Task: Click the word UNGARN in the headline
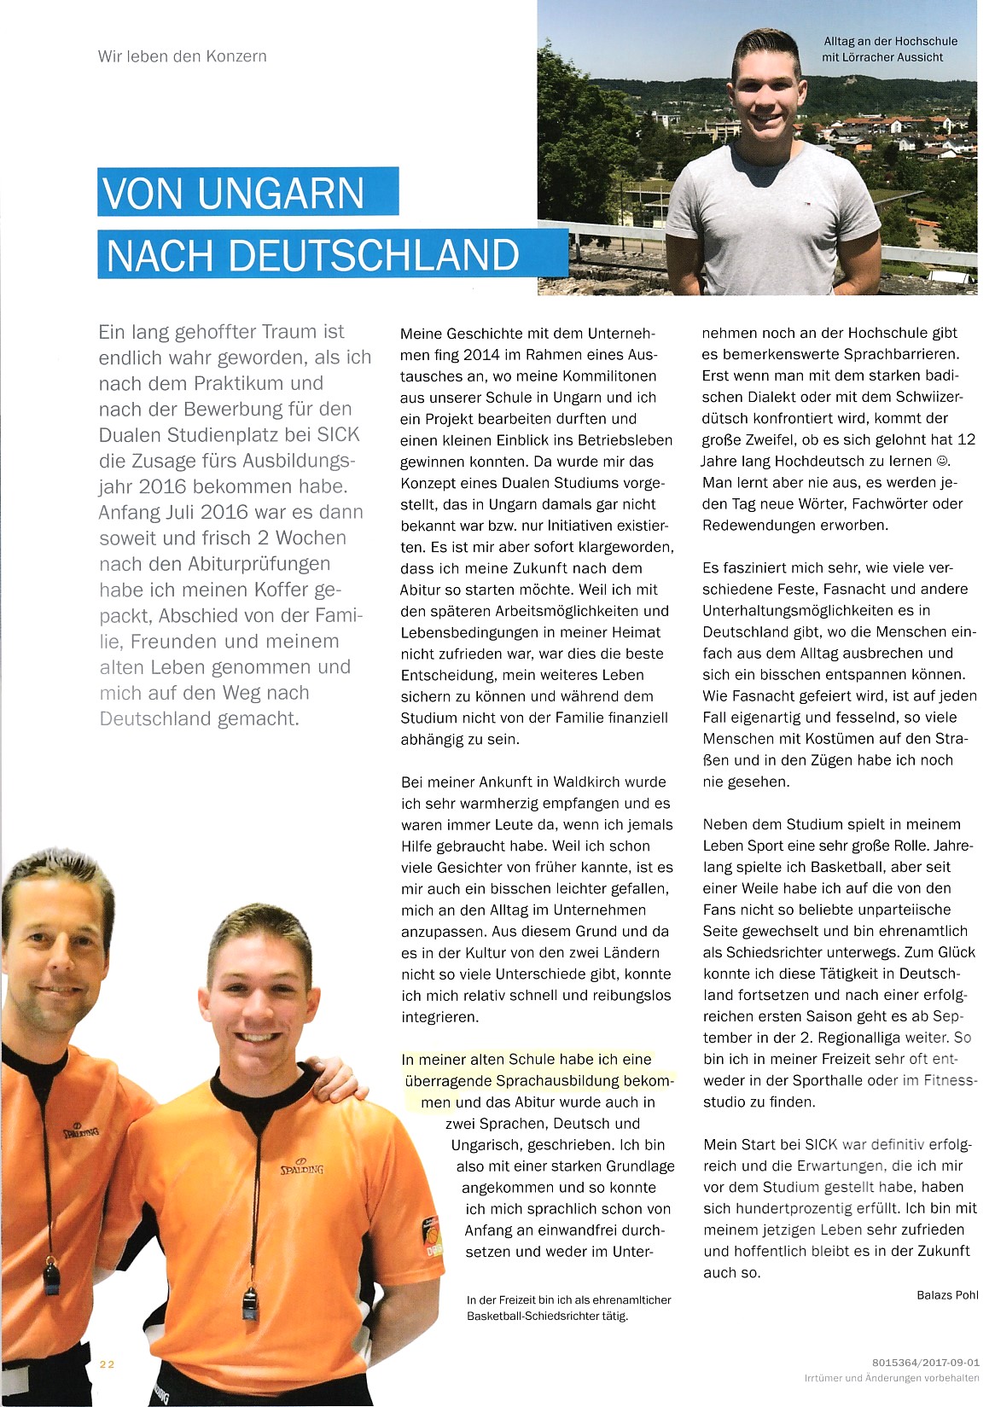click(281, 193)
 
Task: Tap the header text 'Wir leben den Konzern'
click(183, 56)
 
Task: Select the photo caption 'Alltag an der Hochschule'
click(890, 41)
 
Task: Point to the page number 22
click(107, 1363)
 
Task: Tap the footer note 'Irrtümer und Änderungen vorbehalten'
click(892, 1378)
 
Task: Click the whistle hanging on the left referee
click(53, 1276)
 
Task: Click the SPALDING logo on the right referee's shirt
click(302, 1167)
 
